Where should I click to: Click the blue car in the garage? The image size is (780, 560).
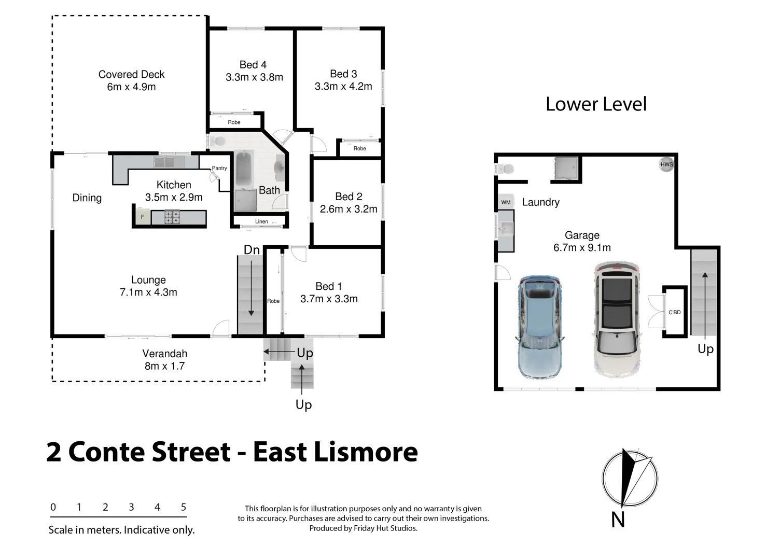(x=539, y=327)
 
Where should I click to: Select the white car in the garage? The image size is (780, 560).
(x=617, y=319)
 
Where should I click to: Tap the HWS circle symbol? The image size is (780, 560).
(x=666, y=164)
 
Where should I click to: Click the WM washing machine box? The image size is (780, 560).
(x=506, y=202)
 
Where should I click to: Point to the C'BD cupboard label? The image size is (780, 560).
(x=674, y=312)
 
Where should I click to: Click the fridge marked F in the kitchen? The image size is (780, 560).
(x=142, y=217)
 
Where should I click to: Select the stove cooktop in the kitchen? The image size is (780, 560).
(x=172, y=217)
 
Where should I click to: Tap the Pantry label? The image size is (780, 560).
(x=219, y=168)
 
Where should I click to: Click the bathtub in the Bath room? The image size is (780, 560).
(x=244, y=170)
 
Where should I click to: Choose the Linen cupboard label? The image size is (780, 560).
(x=261, y=221)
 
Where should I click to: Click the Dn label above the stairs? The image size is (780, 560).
(x=252, y=250)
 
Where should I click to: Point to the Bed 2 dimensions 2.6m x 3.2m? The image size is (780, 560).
(x=349, y=209)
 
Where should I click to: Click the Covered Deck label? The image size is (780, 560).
(x=131, y=75)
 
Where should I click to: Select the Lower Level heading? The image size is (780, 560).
(x=596, y=104)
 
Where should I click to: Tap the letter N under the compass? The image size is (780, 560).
(x=618, y=520)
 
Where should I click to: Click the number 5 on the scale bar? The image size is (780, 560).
(x=183, y=507)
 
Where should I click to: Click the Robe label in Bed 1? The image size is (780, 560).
(x=273, y=301)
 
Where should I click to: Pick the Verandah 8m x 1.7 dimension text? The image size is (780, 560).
(x=164, y=366)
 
